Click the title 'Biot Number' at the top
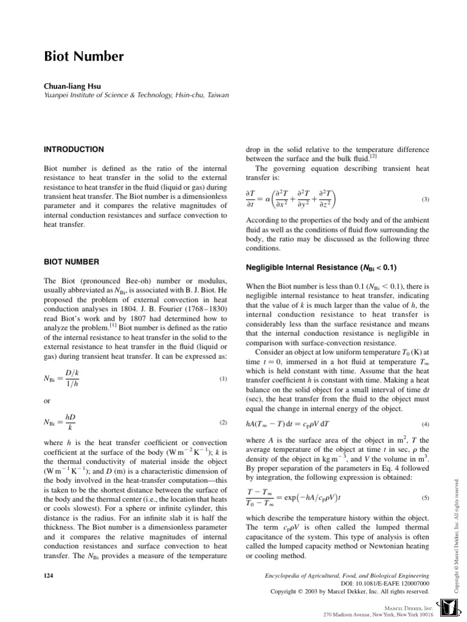tap(85, 57)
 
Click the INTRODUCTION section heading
tap(74, 149)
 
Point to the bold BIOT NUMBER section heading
tap(71, 262)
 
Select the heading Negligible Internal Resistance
tap(322, 267)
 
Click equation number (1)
tap(222, 380)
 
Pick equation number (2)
tap(222, 422)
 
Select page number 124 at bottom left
tap(50, 575)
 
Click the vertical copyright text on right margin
tap(459, 523)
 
